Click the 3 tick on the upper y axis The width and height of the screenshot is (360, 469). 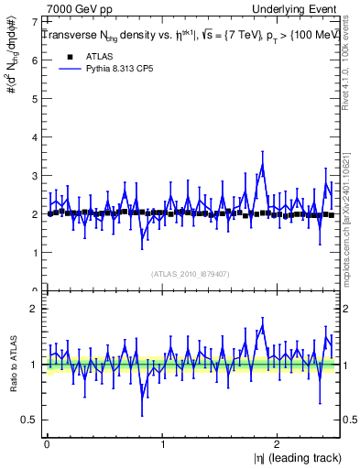pyautogui.click(x=34, y=175)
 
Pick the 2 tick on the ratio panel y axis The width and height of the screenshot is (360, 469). pyautogui.click(x=34, y=309)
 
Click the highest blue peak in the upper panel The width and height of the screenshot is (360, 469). pyautogui.click(x=263, y=166)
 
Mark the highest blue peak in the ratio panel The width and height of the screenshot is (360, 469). pyautogui.click(x=263, y=326)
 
